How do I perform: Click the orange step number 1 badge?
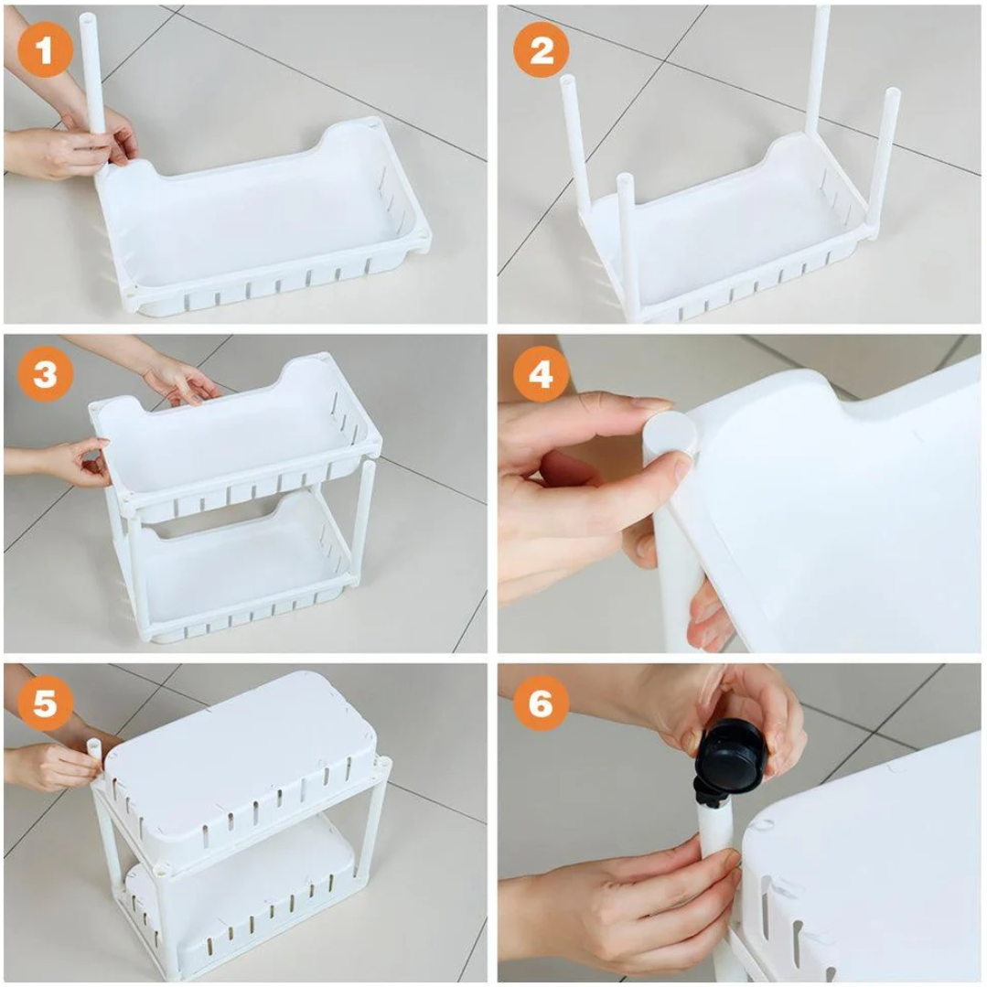click(45, 49)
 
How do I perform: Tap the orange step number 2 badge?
click(542, 49)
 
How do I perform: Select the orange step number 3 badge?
click(45, 374)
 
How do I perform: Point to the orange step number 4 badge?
click(542, 374)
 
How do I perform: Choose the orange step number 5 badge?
click(45, 703)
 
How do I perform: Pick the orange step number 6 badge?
click(542, 703)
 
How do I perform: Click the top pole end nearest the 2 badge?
click(567, 80)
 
